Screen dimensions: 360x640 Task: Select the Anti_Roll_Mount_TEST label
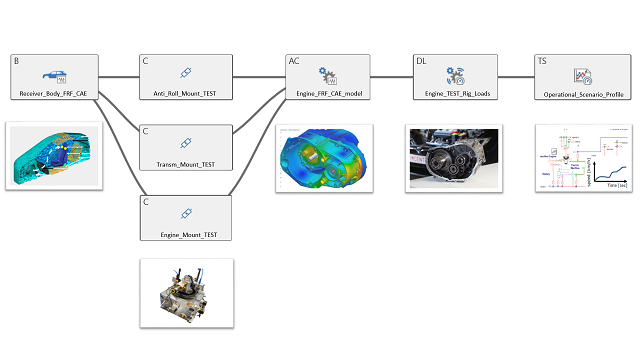[186, 93]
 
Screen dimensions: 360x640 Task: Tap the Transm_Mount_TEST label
[186, 163]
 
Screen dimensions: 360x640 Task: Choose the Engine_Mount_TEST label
[186, 234]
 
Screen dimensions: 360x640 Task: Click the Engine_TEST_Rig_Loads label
[456, 93]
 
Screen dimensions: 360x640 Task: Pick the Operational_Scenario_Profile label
[582, 93]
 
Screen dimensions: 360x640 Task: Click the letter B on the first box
[17, 61]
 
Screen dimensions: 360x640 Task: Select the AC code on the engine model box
[294, 61]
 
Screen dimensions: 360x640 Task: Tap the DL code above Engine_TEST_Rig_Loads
[421, 61]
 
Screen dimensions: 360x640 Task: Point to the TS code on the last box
[542, 61]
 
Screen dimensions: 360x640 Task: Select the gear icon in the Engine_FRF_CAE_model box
[326, 74]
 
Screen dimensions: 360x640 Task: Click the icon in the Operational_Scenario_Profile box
[582, 75]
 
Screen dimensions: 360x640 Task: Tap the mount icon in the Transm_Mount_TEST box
[186, 143]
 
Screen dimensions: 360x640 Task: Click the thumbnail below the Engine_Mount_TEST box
[186, 292]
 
